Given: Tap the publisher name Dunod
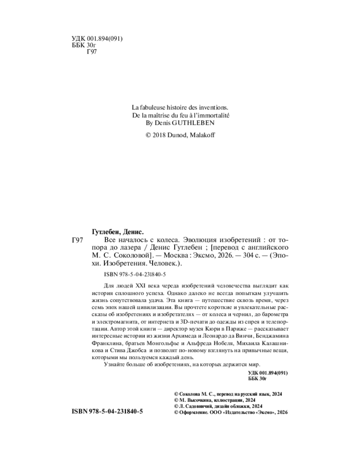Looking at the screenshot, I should click(x=184, y=135).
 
